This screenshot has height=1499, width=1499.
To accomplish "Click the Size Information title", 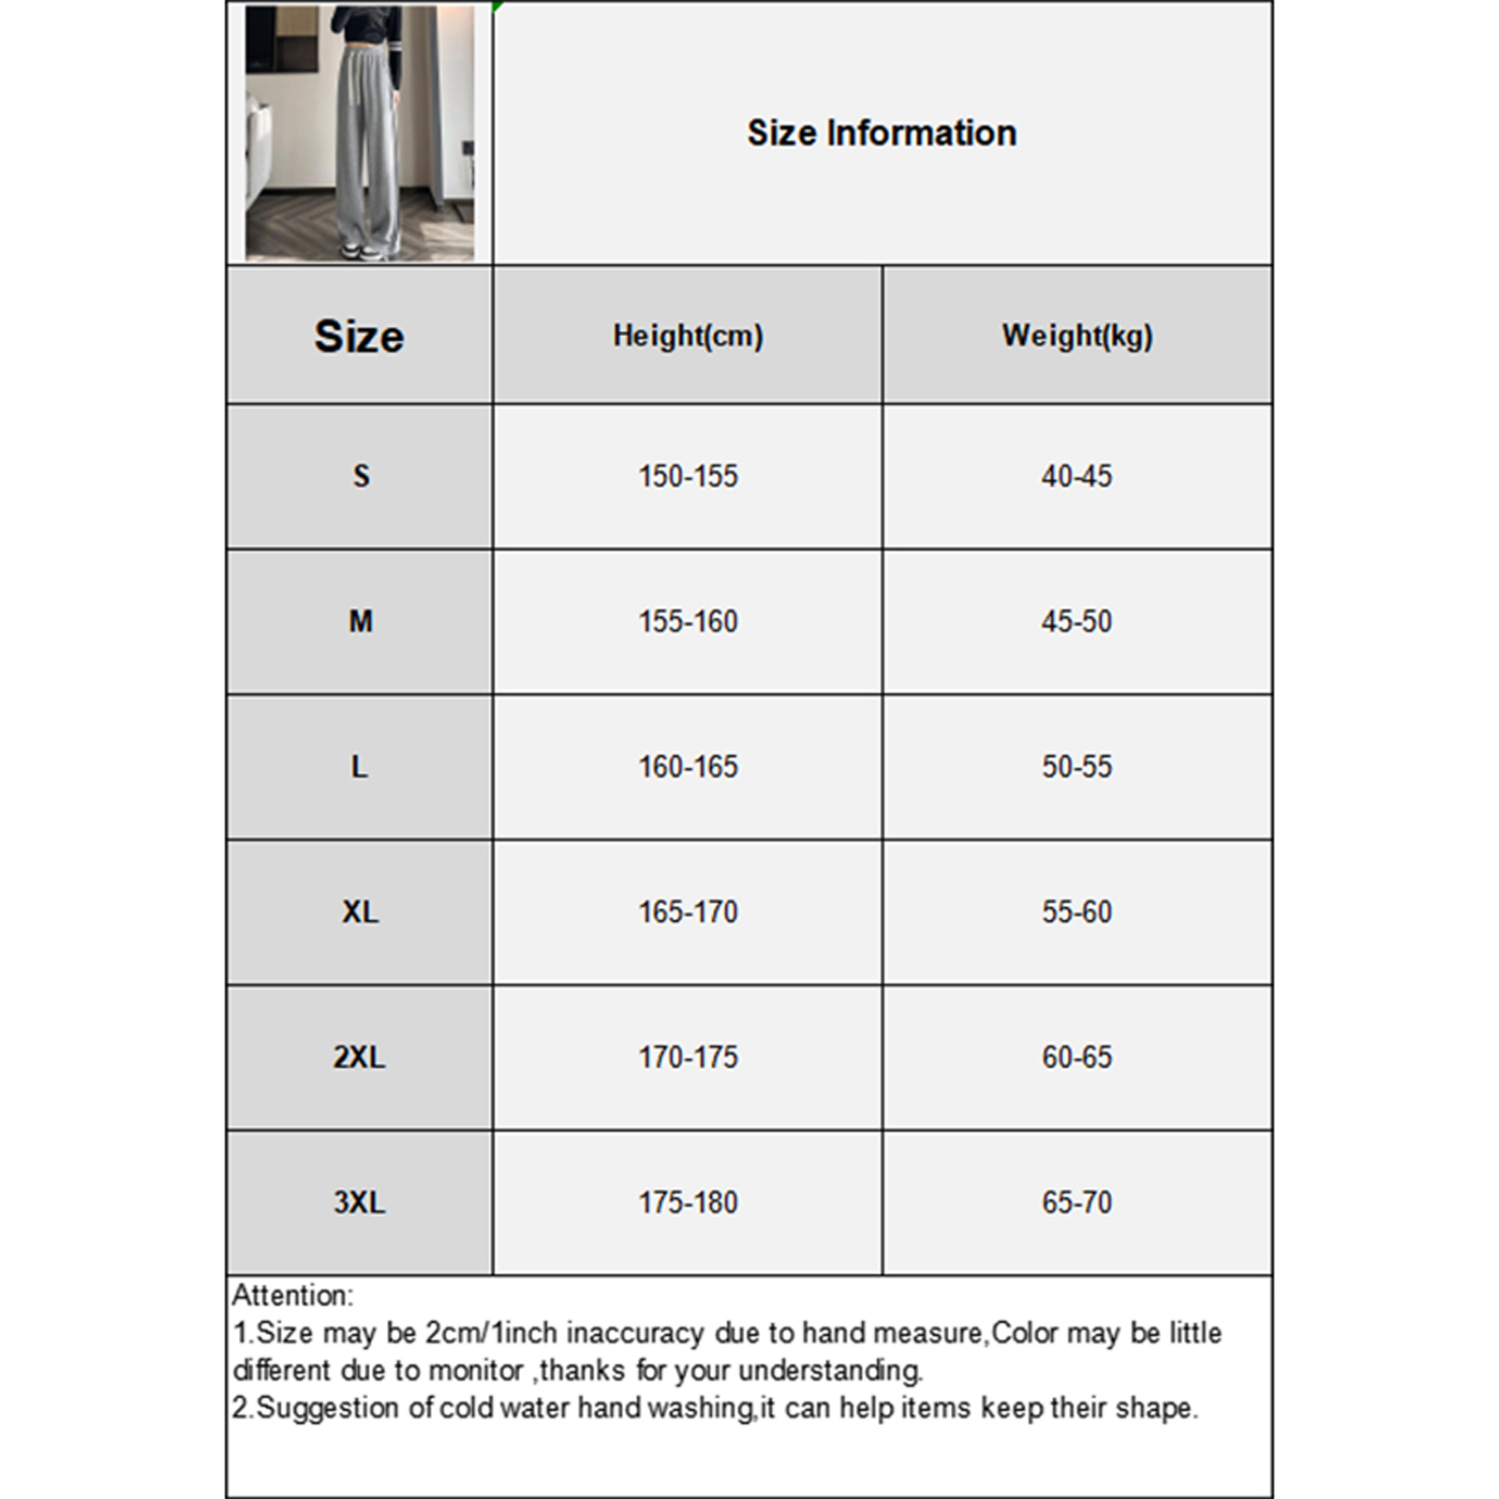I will pos(881,133).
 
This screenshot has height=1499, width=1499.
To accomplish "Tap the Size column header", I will pos(359,335).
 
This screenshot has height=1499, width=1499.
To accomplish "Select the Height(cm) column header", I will pos(688,335).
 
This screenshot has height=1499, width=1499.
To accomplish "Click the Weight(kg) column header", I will pos(1076,335).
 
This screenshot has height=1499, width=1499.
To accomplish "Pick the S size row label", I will pos(361,476).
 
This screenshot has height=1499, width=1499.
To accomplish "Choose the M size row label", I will pos(361,621).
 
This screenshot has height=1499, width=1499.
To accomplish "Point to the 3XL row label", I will pos(359,1202).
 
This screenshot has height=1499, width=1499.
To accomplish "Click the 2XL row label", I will pos(359,1057).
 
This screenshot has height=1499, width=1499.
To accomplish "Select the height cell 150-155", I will pos(688,476).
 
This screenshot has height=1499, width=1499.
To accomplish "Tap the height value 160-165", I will pos(688,766).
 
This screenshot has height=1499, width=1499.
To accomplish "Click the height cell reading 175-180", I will pos(688,1202).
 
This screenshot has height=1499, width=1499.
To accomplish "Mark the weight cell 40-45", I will pos(1076,476).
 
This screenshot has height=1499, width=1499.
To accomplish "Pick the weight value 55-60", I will pos(1076,912).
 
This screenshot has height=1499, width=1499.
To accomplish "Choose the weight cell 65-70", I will pos(1076,1202).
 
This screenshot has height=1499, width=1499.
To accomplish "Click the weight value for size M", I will pos(1076,621).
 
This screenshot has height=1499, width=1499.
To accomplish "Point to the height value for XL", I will pos(688,912).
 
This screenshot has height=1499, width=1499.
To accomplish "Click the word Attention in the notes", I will pos(291,1296).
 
